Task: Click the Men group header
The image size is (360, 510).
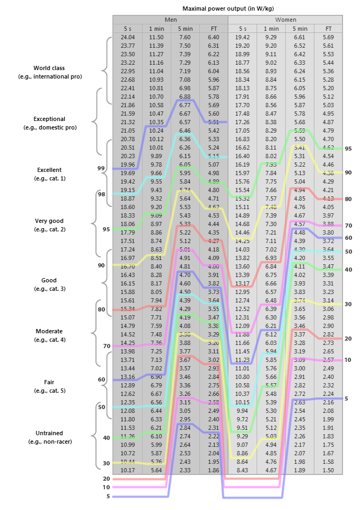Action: [x=170, y=19]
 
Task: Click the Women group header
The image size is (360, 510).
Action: [x=285, y=19]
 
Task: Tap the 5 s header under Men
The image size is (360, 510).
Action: [x=127, y=28]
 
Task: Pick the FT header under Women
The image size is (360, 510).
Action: [x=328, y=28]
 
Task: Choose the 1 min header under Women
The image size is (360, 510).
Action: [x=271, y=28]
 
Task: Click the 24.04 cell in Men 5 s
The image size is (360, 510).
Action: [x=127, y=37]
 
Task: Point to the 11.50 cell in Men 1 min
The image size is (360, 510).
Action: [x=156, y=37]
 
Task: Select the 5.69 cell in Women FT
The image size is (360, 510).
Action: [x=328, y=37]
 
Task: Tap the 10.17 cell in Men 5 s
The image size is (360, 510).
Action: [x=127, y=470]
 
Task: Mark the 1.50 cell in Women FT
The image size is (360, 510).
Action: [x=328, y=470]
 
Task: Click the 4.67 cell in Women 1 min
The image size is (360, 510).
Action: [x=271, y=470]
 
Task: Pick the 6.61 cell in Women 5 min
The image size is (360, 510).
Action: [x=300, y=37]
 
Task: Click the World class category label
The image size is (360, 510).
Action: [x=50, y=68]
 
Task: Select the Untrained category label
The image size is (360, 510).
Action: [x=50, y=433]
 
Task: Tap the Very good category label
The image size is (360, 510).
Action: [x=49, y=221]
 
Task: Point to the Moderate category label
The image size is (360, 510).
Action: [x=49, y=331]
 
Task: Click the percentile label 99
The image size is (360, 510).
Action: [x=101, y=168]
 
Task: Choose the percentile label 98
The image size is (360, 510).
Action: [x=101, y=194]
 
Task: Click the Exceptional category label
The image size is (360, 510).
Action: [x=49, y=119]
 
